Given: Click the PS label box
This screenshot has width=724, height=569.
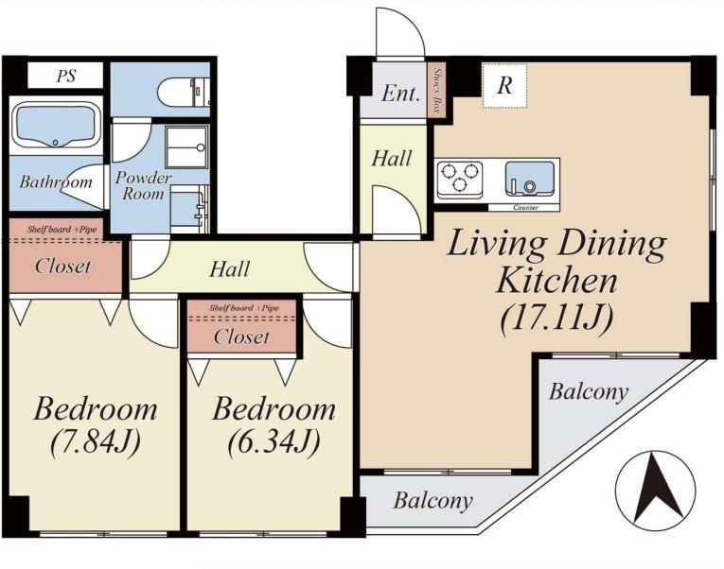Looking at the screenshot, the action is point(65,76).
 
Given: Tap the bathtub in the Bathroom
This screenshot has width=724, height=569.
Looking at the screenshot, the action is point(56,126).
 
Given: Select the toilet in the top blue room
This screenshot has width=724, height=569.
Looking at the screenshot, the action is point(184,92).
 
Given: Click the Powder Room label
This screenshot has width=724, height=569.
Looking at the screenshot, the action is point(143,185).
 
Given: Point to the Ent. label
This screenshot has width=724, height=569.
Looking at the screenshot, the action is point(401,94).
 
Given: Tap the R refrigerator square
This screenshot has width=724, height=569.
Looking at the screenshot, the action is point(504,86).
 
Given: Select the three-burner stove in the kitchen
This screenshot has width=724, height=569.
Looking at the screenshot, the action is point(459,178).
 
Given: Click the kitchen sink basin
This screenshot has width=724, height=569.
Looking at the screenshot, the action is point(530,178).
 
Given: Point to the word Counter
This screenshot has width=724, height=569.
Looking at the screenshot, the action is point(525,208).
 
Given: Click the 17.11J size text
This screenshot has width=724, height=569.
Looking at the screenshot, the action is point(557,319).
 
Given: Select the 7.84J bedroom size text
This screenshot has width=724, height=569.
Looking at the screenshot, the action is point(96,441).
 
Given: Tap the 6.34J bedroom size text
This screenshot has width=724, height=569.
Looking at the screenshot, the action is point(274,441).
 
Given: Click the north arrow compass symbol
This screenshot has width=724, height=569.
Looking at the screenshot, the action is point(656,491).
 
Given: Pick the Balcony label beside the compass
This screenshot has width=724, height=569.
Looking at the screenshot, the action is point(589,392).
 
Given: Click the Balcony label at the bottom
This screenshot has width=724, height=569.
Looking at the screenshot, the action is point(433,500).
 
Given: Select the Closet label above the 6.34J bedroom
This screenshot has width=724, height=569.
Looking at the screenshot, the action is point(241,336).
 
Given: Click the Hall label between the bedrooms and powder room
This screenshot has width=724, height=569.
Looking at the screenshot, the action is point(229,268).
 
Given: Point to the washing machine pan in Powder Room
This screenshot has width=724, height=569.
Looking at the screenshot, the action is point(187,147).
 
